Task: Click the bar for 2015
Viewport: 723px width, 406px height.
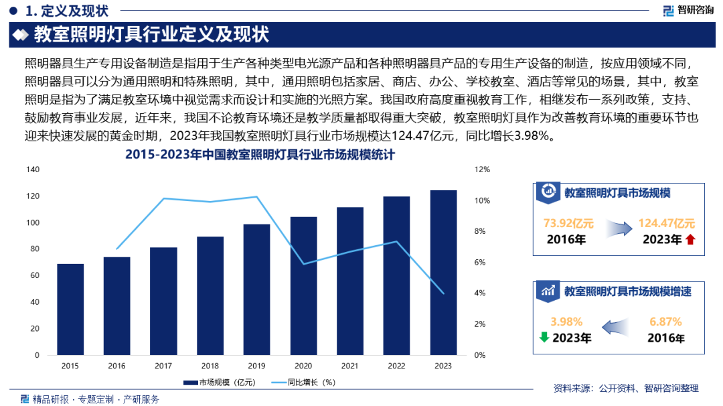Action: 70,309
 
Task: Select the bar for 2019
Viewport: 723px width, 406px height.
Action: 256,289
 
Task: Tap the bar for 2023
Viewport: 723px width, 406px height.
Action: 443,272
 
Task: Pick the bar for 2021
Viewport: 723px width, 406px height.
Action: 350,281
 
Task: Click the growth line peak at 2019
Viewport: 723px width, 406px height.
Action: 256,197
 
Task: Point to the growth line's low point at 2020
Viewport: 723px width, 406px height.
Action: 303,264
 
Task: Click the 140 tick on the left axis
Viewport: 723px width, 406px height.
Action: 33,170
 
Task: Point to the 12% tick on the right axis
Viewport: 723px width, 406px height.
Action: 482,170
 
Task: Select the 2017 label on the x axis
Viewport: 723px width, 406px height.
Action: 163,366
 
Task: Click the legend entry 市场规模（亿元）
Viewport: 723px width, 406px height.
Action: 219,383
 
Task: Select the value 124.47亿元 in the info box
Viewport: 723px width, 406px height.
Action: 666,223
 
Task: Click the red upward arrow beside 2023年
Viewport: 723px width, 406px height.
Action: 690,240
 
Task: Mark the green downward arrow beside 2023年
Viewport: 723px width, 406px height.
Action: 544,337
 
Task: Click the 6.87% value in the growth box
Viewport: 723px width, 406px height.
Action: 665,322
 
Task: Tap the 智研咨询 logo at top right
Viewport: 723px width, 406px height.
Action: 688,10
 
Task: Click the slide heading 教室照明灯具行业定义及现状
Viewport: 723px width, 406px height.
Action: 151,34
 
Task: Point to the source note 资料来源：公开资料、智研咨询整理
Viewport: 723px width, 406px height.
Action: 626,388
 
